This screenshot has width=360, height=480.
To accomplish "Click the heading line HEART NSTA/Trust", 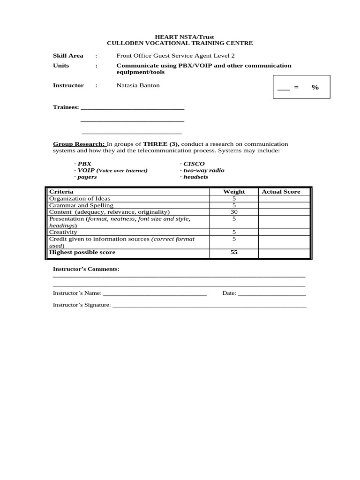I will click(x=180, y=37).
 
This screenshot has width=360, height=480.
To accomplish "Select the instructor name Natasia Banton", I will click(x=138, y=85).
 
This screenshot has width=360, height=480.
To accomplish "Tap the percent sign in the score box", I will click(x=315, y=87).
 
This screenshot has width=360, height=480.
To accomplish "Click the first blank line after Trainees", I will click(x=133, y=108).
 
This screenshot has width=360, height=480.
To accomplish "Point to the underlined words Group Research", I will click(x=79, y=144).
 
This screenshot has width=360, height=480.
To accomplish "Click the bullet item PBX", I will click(x=84, y=164).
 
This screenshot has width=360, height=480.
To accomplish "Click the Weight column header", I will click(x=234, y=191).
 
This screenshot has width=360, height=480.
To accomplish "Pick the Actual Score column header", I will click(x=281, y=191).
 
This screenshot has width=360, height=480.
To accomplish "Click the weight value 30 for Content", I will click(x=234, y=212).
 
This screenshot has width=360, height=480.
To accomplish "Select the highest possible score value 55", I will click(x=234, y=252).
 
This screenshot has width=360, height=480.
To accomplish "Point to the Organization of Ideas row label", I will click(x=80, y=198).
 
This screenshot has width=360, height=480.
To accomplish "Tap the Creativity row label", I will click(x=63, y=232).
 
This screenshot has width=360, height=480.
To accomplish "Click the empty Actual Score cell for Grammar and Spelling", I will click(x=284, y=205).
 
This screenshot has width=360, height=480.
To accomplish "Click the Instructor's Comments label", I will click(x=86, y=269).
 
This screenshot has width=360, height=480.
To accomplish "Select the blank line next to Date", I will click(x=272, y=295).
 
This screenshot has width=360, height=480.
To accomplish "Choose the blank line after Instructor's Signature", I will click(x=210, y=306).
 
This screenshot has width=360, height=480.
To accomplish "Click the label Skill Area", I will click(x=68, y=55).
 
